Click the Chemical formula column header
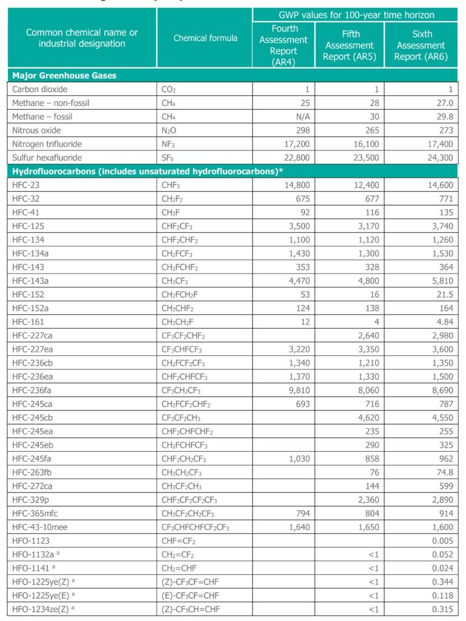click(205, 38)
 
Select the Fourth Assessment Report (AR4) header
click(283, 45)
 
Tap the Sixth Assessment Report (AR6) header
click(421, 45)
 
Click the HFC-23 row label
click(25, 185)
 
